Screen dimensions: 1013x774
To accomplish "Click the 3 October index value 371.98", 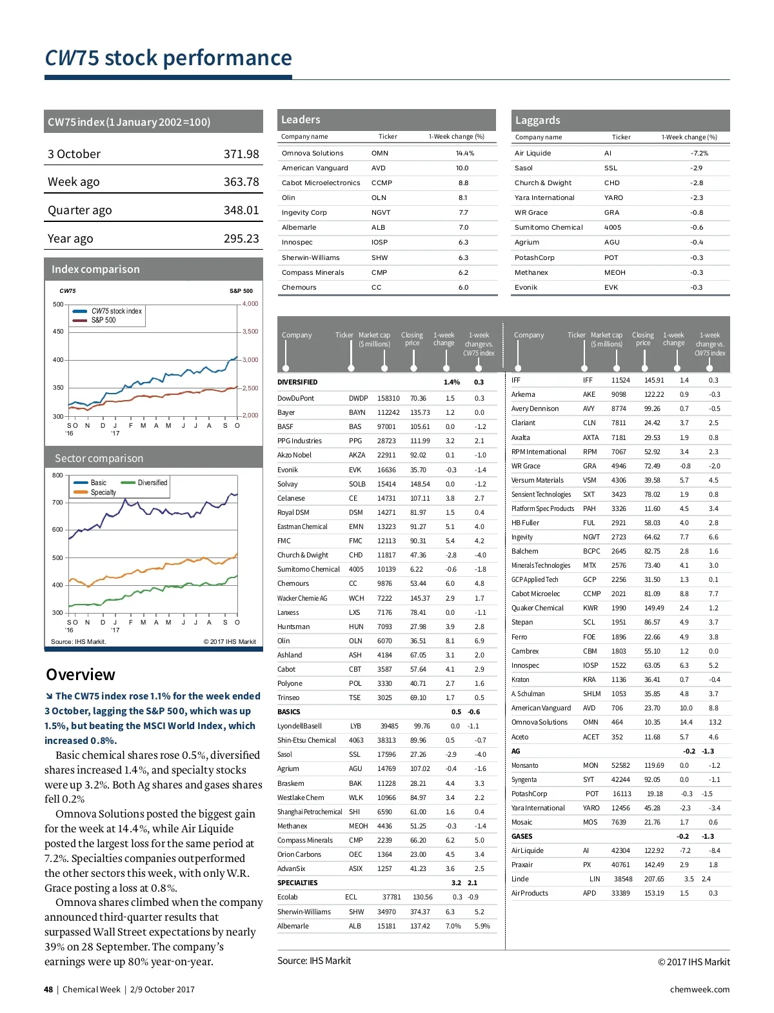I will pyautogui.click(x=241, y=154).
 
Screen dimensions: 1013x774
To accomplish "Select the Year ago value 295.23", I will pyautogui.click(x=241, y=239).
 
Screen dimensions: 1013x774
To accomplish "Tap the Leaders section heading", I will pyautogui.click(x=301, y=120).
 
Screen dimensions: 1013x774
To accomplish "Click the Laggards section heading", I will pyautogui.click(x=537, y=121).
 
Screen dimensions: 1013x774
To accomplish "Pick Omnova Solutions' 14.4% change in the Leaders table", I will pyautogui.click(x=464, y=154).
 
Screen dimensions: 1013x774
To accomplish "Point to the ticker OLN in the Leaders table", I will pyautogui.click(x=379, y=198).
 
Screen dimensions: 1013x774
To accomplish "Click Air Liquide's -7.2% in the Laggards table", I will pyautogui.click(x=699, y=154).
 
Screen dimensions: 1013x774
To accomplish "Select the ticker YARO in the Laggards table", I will pyautogui.click(x=613, y=198).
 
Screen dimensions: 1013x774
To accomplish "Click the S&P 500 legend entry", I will pyautogui.click(x=103, y=320).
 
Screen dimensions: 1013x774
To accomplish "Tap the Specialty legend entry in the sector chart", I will pyautogui.click(x=103, y=492).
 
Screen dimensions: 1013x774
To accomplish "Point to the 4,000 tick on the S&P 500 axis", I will pyautogui.click(x=250, y=304).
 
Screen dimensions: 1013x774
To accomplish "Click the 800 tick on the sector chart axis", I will pyautogui.click(x=58, y=476).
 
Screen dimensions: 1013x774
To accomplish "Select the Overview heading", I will pyautogui.click(x=81, y=675).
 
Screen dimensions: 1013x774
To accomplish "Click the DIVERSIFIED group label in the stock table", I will pyautogui.click(x=297, y=383).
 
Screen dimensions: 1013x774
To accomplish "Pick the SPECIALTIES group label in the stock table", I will pyautogui.click(x=297, y=883).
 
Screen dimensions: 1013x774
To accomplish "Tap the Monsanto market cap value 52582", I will pyautogui.click(x=620, y=766).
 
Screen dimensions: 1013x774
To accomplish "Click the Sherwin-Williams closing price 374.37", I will pyautogui.click(x=420, y=912).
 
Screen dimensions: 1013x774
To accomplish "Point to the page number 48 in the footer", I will pyautogui.click(x=48, y=990).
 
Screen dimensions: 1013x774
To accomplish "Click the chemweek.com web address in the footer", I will pyautogui.click(x=700, y=990).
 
